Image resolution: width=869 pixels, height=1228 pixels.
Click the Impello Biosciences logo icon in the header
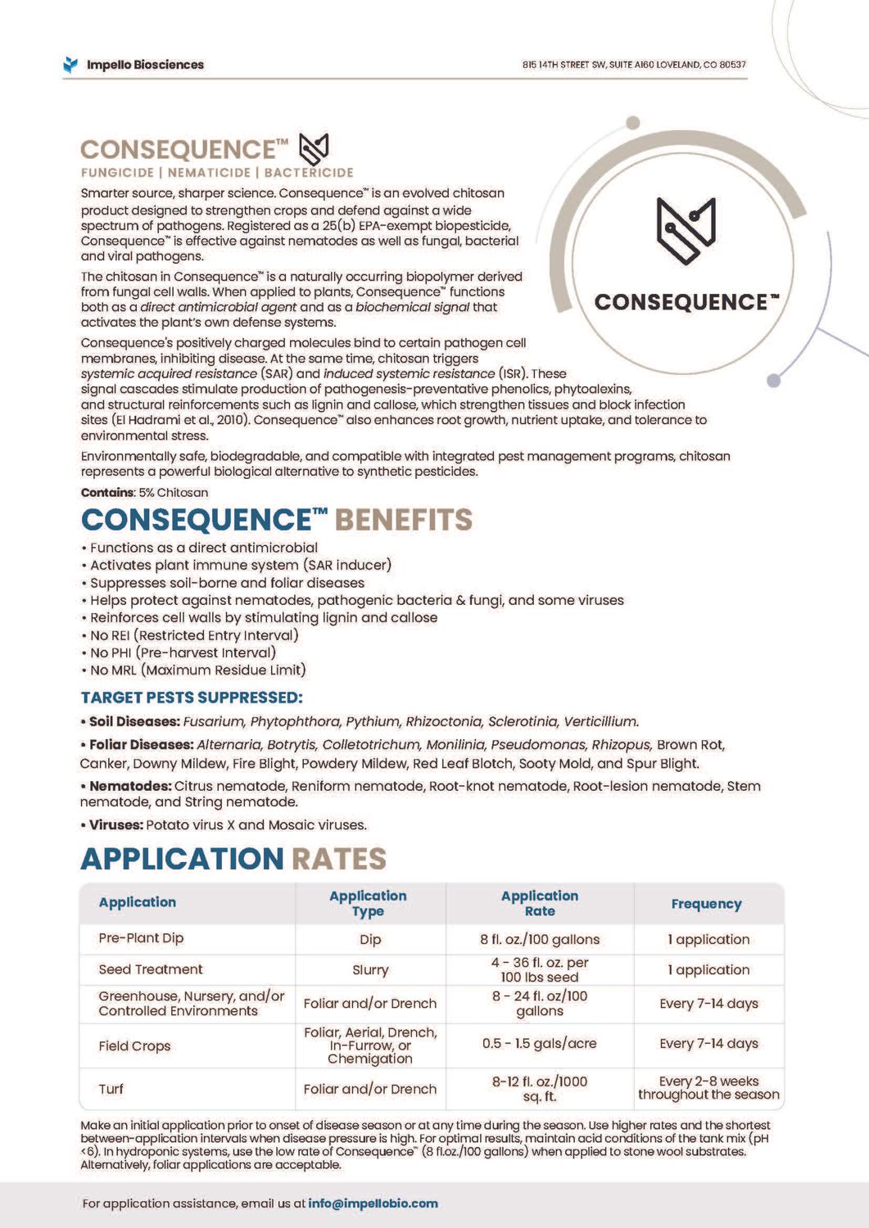71,65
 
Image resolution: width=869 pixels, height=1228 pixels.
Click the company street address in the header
634,65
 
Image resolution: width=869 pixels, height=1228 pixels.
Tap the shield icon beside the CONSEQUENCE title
314,149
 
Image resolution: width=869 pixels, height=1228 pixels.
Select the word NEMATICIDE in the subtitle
209,173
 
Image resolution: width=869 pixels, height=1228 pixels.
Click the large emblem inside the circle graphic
686,230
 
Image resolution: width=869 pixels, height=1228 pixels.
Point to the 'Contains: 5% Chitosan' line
144,493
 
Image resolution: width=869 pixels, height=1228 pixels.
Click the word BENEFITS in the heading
404,520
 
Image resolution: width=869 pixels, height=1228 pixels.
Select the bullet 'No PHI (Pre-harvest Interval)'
183,652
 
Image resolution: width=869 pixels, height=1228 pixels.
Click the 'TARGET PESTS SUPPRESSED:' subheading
192,698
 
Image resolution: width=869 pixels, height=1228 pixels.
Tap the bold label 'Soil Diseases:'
134,721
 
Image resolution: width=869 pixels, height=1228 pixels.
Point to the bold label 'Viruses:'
115,824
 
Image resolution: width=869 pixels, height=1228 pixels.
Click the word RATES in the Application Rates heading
339,859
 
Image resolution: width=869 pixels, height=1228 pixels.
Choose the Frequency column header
706,904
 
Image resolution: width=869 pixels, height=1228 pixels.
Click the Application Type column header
368,903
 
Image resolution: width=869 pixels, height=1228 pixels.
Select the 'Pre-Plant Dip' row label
141,938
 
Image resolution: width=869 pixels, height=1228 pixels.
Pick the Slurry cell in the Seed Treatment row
370,970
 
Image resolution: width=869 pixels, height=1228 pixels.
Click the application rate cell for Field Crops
539,1044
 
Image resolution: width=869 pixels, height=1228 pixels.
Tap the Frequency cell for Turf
708,1088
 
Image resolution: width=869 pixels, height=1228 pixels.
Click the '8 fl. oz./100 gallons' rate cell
539,940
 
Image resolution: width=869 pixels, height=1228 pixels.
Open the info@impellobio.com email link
373,1203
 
